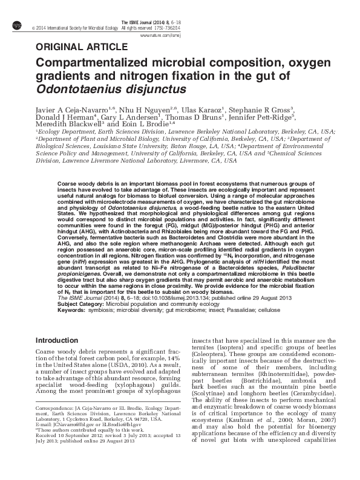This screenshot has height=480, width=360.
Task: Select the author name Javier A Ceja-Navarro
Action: [72, 108]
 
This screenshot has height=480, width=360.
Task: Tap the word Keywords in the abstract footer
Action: [71, 310]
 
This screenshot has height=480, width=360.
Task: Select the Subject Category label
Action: [79, 304]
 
